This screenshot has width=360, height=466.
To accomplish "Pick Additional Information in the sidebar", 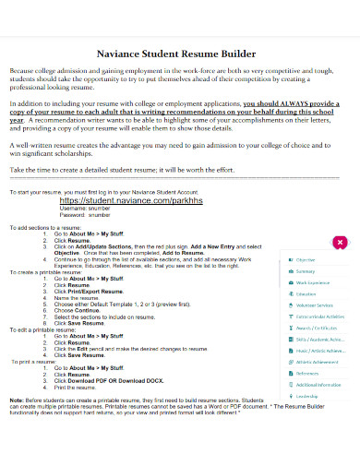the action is pyautogui.click(x=319, y=383).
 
